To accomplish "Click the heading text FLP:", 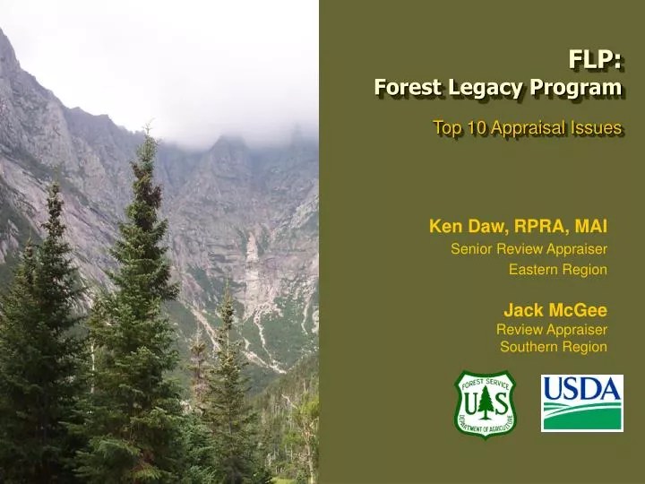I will point(595,60).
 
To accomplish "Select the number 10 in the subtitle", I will point(475,128).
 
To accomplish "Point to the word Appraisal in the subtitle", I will point(531,128).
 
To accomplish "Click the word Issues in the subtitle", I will point(599,128).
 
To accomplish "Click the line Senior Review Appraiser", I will point(529,248).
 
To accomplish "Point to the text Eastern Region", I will point(558,269).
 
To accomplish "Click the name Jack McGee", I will point(555,310).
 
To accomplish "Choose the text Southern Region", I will point(553,347).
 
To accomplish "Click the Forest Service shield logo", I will point(485,404).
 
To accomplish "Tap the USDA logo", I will point(581,403).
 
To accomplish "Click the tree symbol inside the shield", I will point(485,404).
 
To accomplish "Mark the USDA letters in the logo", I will point(581,390).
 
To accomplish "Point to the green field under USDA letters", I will point(581,417).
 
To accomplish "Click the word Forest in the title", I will point(400,88).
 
